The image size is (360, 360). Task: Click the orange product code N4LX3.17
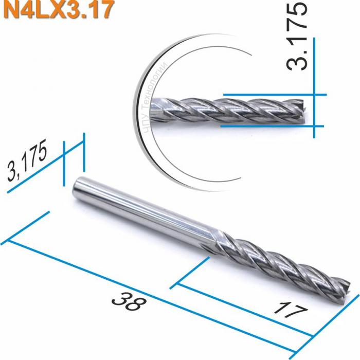click(x=57, y=10)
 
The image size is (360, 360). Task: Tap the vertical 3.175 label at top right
click(x=298, y=37)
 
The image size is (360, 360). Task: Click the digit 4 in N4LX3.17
click(x=22, y=10)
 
